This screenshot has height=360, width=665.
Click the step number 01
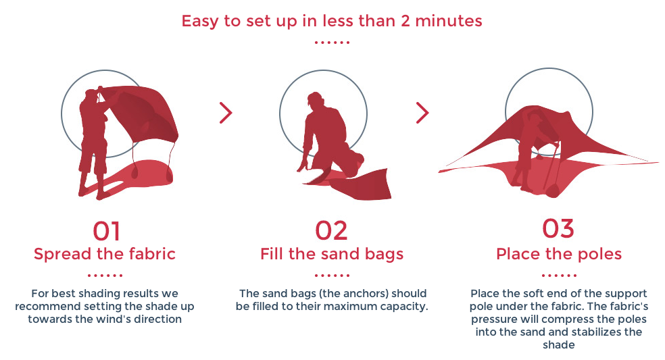(107, 231)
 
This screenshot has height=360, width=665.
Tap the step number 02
(331, 231)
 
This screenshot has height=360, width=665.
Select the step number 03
(558, 229)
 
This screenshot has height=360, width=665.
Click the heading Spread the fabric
(105, 254)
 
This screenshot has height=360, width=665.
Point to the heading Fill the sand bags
(332, 255)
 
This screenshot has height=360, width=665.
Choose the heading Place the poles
(559, 254)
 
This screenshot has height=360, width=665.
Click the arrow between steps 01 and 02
(226, 113)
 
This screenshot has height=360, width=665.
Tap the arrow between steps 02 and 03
(422, 113)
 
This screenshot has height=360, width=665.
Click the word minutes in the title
(449, 21)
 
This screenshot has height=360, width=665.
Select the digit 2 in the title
(405, 21)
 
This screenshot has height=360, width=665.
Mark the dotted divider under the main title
(332, 43)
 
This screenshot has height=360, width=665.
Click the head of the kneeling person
(316, 100)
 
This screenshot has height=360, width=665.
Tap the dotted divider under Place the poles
(559, 275)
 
